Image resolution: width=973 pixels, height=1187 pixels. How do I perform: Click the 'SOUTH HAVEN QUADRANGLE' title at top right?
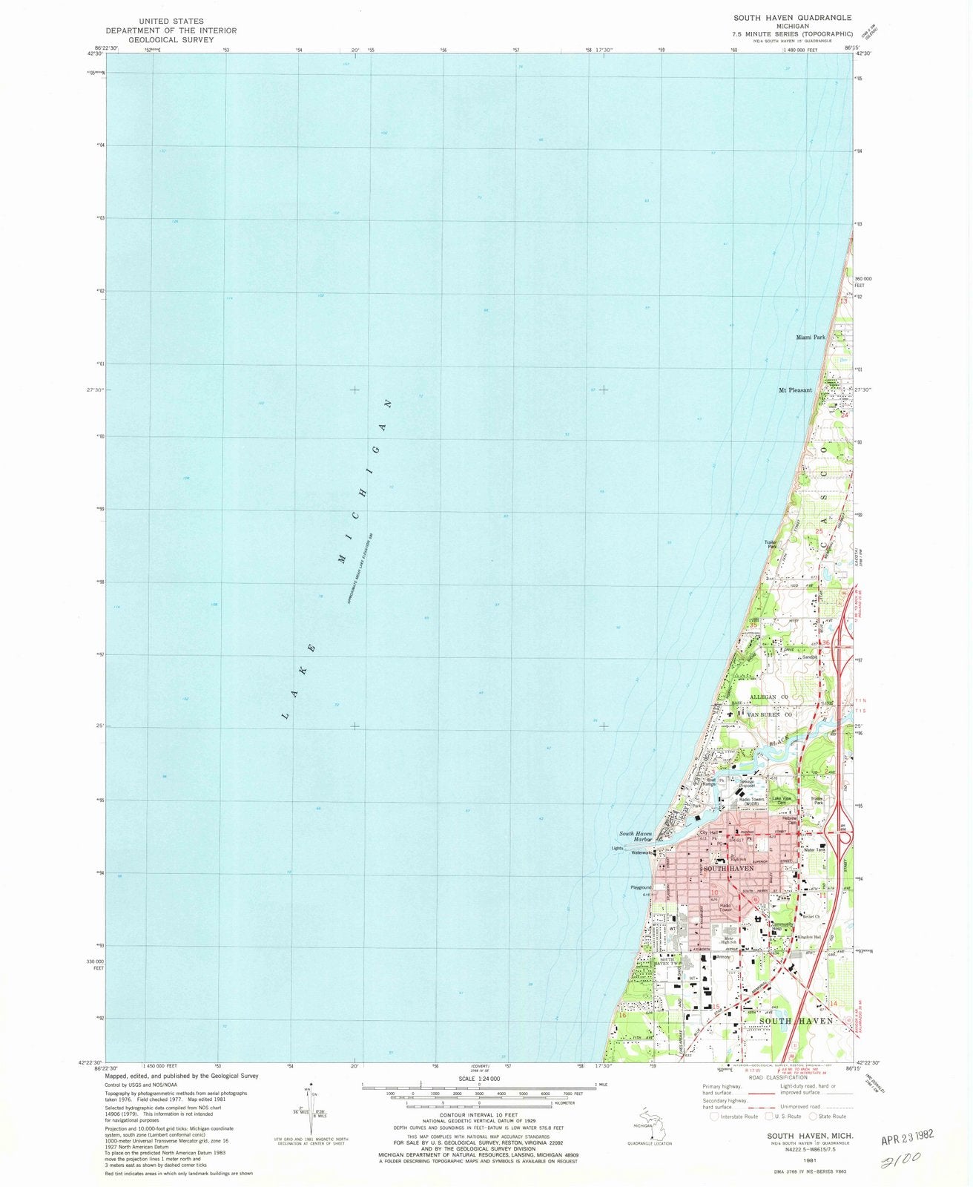pos(782,17)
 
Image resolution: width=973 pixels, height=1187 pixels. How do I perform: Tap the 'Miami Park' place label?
pos(810,337)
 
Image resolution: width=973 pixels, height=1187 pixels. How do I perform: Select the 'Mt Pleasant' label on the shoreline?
pos(795,389)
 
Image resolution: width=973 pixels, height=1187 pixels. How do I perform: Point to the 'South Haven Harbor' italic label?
pos(636,837)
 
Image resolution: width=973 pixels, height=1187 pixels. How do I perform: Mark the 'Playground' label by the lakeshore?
pos(640,887)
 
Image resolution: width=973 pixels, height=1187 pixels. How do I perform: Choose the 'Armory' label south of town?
pos(724,957)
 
